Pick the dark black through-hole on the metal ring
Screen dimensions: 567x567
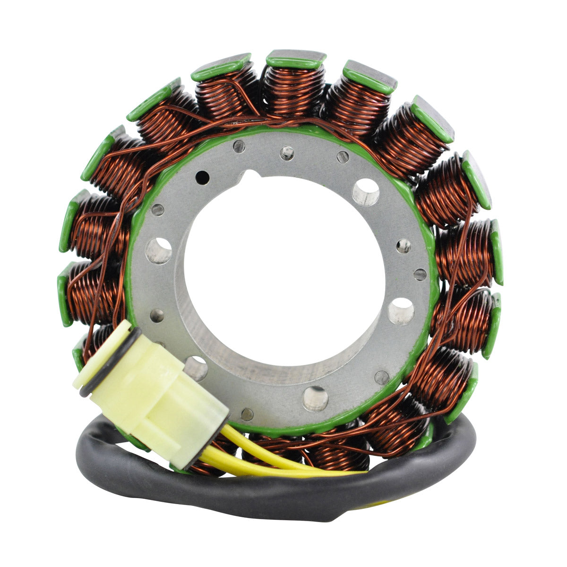coord(203,177)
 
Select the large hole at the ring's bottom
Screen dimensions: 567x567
coord(315,398)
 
